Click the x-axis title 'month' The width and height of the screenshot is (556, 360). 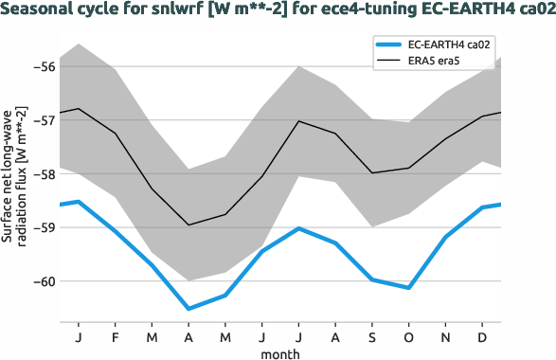(280, 352)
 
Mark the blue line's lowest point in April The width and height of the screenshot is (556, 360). (188, 309)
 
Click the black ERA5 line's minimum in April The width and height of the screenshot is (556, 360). (188, 225)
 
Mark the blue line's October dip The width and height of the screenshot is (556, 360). (409, 287)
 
